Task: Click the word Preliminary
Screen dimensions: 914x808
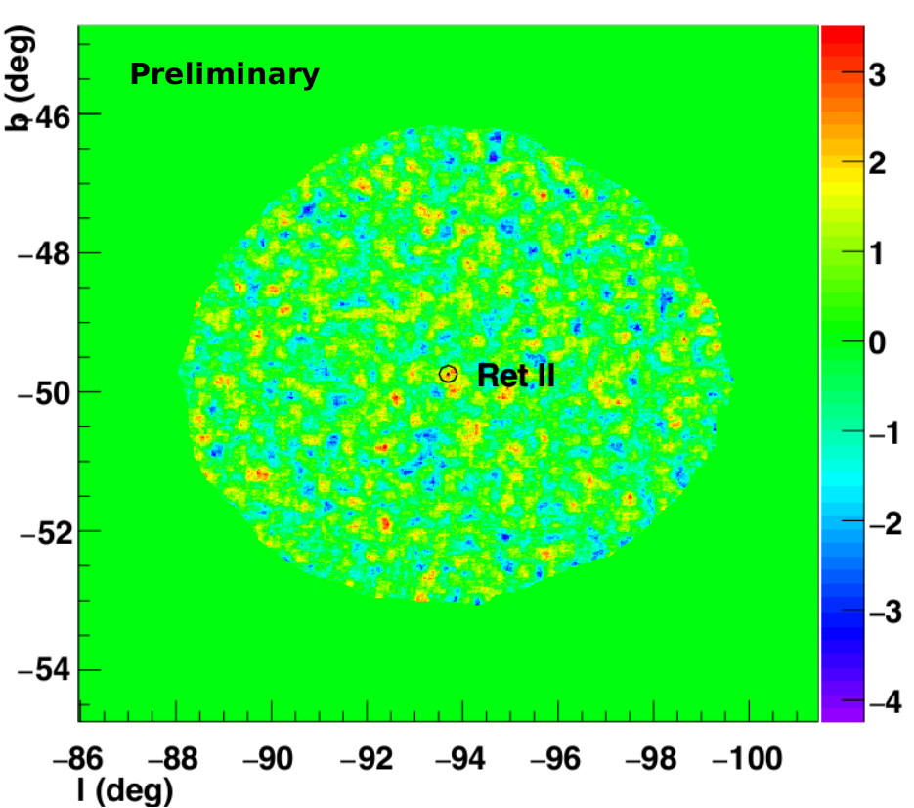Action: click(x=225, y=74)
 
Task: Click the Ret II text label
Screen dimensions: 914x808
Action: click(x=516, y=375)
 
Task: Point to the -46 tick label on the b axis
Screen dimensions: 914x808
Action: click(x=50, y=116)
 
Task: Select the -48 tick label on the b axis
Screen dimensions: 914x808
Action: click(x=44, y=254)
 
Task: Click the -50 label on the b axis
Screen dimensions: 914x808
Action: click(x=44, y=394)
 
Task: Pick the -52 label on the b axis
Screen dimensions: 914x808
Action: click(x=46, y=532)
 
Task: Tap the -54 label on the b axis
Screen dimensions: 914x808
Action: click(x=44, y=670)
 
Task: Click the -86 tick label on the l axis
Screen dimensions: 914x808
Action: click(x=77, y=759)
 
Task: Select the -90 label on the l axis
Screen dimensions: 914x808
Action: click(x=268, y=759)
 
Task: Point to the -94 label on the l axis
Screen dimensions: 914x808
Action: click(x=459, y=759)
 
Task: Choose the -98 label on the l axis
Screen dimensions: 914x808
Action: click(x=650, y=759)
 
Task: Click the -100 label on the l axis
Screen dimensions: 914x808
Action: click(x=747, y=759)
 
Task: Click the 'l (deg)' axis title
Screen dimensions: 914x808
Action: click(x=125, y=790)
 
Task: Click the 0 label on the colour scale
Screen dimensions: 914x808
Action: click(x=877, y=342)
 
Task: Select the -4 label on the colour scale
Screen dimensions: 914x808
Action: click(x=886, y=701)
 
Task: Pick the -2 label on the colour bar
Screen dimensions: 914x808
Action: click(x=886, y=522)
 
